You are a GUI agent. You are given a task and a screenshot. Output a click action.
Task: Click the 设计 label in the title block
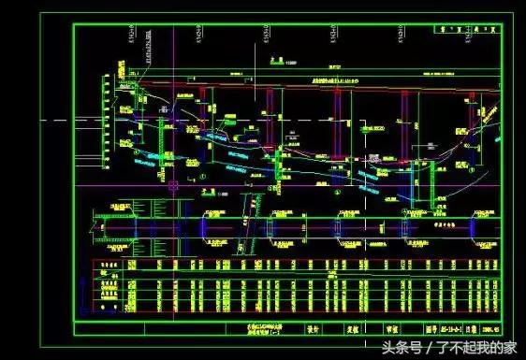[x=314, y=329]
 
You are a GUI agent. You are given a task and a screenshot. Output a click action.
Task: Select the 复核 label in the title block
[x=354, y=329]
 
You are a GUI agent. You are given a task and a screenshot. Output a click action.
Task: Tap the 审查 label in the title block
[x=394, y=329]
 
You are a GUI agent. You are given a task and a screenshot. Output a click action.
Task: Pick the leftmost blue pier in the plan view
[x=136, y=226]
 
